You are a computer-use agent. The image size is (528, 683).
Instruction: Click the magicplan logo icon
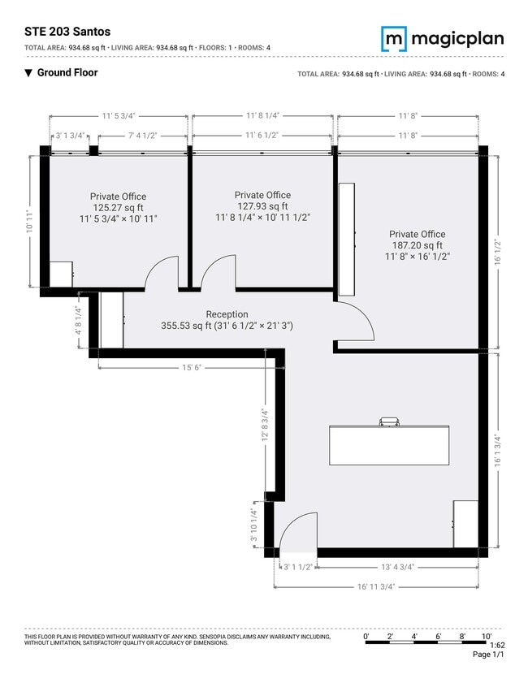(x=394, y=39)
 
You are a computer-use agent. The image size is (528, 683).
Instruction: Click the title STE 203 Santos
(x=67, y=32)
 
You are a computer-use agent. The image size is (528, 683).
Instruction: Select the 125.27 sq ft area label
(x=118, y=208)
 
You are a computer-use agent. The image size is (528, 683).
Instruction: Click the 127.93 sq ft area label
(x=262, y=206)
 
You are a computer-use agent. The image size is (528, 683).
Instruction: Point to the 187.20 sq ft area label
(x=418, y=245)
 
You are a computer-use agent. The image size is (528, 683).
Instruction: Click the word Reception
(x=227, y=314)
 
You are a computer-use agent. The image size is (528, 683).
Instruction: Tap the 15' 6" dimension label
(x=192, y=368)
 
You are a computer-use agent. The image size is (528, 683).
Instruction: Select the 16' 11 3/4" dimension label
(x=376, y=586)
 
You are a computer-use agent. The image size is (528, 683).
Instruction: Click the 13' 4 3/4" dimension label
(x=398, y=567)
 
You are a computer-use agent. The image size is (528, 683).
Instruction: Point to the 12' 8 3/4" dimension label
(x=265, y=425)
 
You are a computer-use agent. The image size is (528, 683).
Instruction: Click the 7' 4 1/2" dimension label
(x=142, y=136)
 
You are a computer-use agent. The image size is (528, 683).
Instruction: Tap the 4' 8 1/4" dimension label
(x=79, y=321)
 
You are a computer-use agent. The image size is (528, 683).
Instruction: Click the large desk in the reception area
(x=389, y=445)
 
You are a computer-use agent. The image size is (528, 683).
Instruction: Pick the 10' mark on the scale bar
(x=487, y=637)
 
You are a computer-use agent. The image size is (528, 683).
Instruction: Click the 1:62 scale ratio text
(x=497, y=645)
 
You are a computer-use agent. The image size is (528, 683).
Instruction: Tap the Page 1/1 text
(x=488, y=655)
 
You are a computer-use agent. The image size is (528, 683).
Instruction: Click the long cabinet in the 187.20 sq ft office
(x=347, y=239)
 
